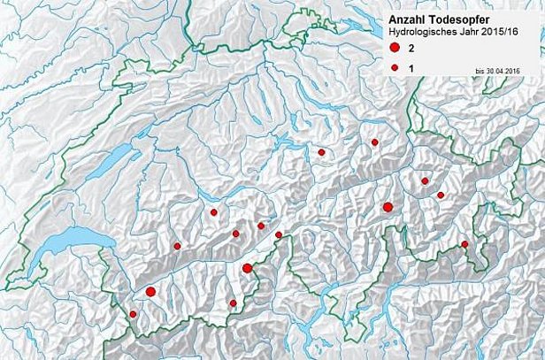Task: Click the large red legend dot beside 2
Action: click(395, 48)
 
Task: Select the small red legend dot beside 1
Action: click(395, 67)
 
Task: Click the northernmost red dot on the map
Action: click(375, 142)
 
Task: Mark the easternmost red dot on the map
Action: click(464, 244)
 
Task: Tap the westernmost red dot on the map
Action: click(134, 314)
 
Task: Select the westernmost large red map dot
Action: click(150, 291)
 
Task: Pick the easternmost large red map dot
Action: click(388, 207)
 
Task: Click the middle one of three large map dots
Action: click(248, 268)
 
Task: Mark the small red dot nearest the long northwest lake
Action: click(213, 212)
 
